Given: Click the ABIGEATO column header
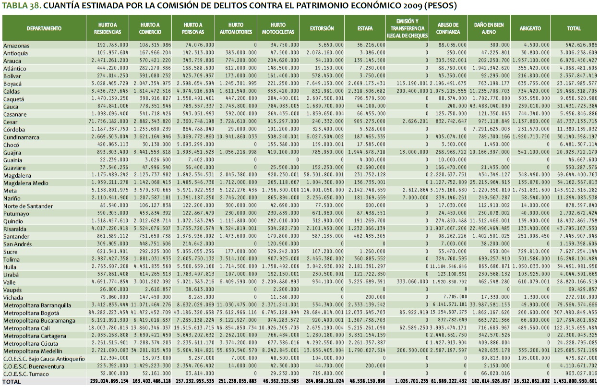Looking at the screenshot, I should (x=530, y=28).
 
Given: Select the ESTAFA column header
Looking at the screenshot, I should (x=365, y=28).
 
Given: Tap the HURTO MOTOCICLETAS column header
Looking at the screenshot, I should (x=278, y=28).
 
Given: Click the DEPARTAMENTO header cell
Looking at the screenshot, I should (x=44, y=28).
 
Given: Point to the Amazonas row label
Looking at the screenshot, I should (x=16, y=45).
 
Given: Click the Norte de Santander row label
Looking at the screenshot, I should (x=28, y=206).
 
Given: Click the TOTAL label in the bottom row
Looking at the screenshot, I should (x=12, y=381).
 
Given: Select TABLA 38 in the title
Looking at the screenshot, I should (x=21, y=7).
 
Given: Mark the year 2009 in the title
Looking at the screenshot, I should (x=408, y=7).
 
